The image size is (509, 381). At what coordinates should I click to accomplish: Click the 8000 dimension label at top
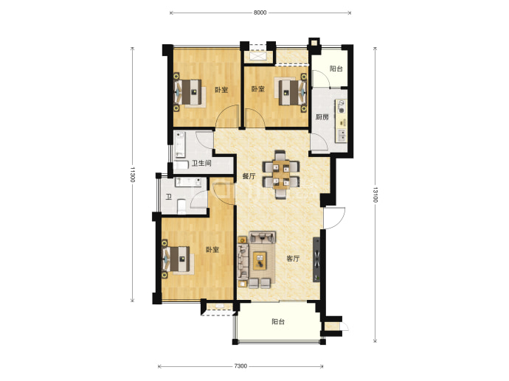(260, 13)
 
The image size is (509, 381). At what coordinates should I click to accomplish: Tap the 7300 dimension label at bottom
(240, 366)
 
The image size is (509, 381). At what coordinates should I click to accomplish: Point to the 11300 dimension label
(132, 175)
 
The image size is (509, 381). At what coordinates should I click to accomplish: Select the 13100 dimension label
(375, 195)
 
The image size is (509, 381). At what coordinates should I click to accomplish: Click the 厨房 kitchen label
(322, 117)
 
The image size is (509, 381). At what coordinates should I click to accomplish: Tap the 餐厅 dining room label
(249, 176)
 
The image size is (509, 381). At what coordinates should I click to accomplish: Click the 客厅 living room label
(293, 259)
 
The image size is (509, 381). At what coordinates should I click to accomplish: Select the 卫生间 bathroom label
(201, 163)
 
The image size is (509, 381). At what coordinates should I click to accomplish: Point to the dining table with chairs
(281, 174)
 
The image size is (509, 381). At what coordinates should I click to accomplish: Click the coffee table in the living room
(260, 260)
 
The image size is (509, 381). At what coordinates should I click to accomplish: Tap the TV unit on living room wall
(316, 259)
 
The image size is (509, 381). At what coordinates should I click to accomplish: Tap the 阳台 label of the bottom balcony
(278, 321)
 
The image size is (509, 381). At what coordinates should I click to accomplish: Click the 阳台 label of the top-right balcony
(336, 69)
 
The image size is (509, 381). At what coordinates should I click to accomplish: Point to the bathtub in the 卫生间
(179, 144)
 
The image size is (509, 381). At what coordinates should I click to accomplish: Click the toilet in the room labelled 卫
(181, 206)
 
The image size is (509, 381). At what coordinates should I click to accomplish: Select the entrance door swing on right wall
(334, 217)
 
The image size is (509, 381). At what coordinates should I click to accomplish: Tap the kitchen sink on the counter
(342, 135)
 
